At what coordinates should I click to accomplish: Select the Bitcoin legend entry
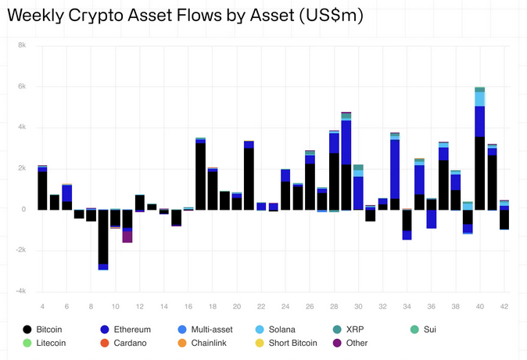(48, 329)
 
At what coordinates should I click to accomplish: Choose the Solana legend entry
(281, 329)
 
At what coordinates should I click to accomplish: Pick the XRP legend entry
(353, 329)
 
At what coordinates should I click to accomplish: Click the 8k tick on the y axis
(22, 45)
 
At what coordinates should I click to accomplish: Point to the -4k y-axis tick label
(20, 291)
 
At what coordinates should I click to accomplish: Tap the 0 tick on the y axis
(25, 210)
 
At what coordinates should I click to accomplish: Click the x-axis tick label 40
(479, 306)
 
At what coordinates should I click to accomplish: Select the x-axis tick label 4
(42, 306)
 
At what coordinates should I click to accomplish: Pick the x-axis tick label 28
(334, 306)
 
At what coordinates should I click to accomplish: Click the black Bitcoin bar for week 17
(200, 176)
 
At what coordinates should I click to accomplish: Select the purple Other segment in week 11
(127, 236)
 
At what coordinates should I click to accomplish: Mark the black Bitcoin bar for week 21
(249, 178)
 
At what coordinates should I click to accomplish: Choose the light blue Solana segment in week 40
(479, 99)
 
